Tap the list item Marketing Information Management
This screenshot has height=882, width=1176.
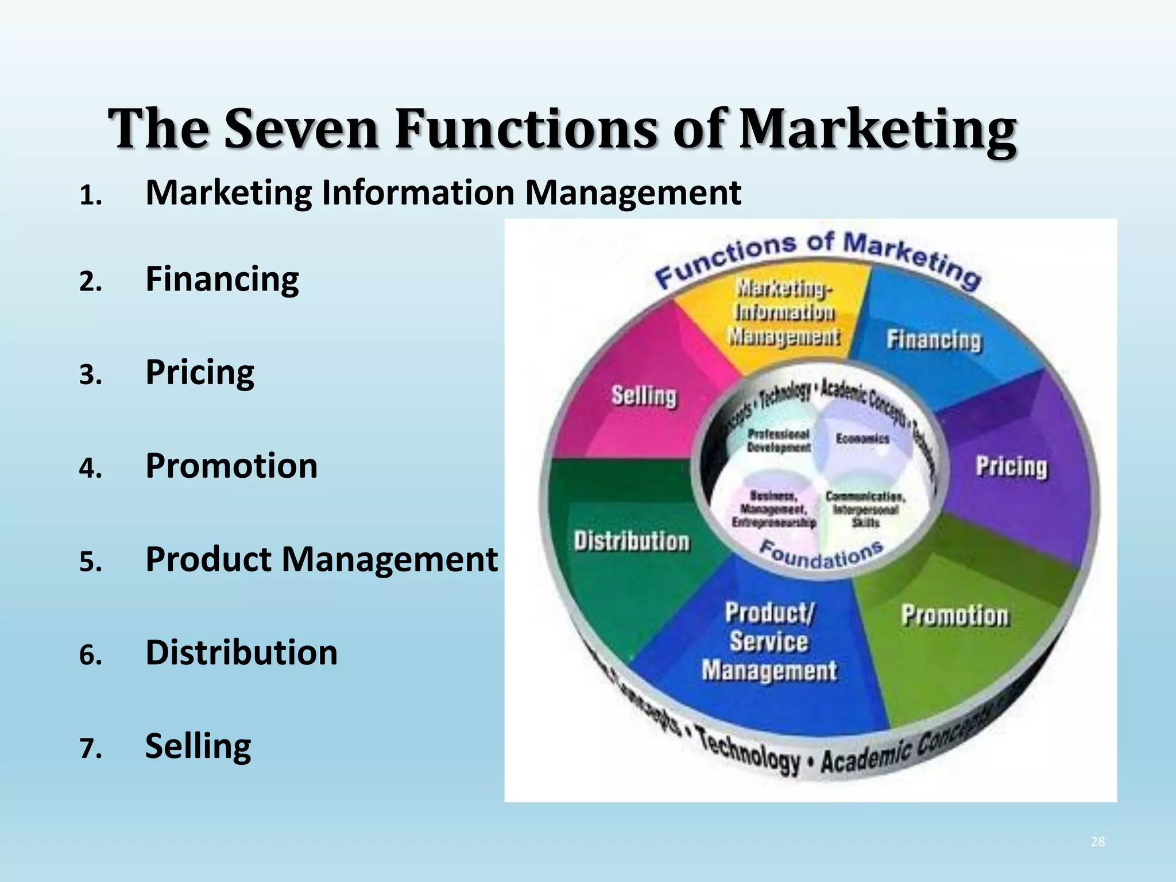point(443,192)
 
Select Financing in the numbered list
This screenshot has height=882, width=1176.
point(222,279)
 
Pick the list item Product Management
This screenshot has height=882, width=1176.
point(321,559)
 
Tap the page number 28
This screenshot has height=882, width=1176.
point(1097,842)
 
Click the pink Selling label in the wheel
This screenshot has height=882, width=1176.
point(644,396)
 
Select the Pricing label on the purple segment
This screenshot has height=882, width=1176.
point(1011,466)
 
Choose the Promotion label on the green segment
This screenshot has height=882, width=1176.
point(954,615)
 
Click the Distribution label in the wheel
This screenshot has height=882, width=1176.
point(631,541)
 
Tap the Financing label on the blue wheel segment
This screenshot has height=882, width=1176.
point(934,339)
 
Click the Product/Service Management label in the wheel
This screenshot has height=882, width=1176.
point(769,642)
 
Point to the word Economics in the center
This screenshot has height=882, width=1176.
point(862,439)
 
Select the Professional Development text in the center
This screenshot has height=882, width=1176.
point(779,440)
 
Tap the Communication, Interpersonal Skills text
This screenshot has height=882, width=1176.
point(865,509)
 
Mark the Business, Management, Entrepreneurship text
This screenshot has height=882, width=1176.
point(773,509)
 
